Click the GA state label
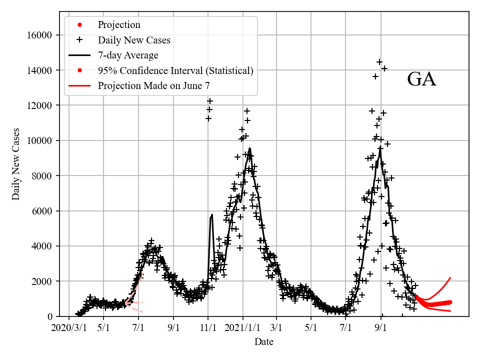pos(421,79)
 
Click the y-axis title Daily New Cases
pos(16,164)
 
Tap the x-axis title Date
pos(263,342)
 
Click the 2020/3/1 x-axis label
pos(69,328)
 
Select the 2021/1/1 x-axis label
pos(243,328)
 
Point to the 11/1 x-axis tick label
pos(208,328)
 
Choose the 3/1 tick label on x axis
pos(276,328)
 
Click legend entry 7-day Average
pos(128,55)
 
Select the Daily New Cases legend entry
pos(134,40)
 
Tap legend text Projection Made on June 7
pos(153,86)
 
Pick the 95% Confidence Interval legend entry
pos(175,70)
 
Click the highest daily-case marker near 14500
pos(379,62)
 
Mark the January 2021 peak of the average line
pos(249,148)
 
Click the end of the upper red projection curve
pos(450,278)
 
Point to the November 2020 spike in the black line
pos(212,215)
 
